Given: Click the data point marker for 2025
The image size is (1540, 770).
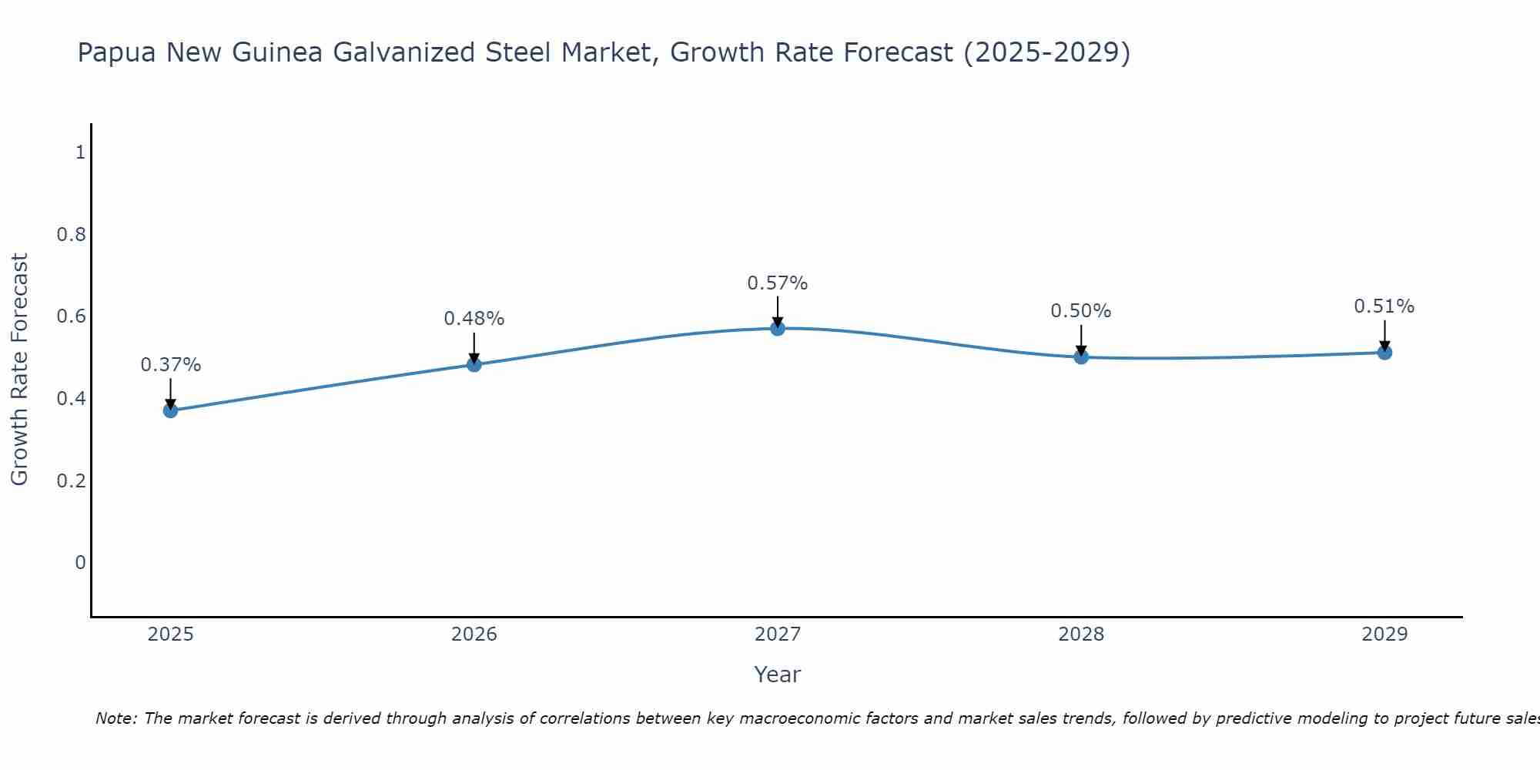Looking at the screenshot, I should [170, 410].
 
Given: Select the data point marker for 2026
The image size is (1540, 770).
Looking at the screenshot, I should [474, 364].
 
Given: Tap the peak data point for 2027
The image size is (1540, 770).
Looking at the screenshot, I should [778, 328].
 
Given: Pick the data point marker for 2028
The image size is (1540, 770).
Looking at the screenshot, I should [1081, 357].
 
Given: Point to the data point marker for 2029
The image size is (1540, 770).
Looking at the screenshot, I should [1384, 353].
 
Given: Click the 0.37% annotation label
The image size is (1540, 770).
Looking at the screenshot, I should [170, 365].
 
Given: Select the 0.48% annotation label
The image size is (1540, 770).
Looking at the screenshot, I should [474, 319].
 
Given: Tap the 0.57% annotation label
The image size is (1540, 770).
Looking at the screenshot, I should [778, 283].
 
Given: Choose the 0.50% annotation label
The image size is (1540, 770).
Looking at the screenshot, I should [1081, 311].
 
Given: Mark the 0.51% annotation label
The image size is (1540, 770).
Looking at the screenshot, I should [1384, 306].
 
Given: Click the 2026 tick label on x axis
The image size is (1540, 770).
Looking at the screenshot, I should [474, 634].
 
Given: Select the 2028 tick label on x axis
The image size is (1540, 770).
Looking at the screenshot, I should [1081, 634].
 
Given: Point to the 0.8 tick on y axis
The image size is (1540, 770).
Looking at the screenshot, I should [71, 234].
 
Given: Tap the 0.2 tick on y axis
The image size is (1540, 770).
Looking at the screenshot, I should [71, 480].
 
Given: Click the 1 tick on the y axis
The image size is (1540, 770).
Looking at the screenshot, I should [80, 152].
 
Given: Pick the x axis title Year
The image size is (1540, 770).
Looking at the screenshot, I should [778, 675].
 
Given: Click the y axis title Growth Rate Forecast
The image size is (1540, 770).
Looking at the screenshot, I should [19, 370].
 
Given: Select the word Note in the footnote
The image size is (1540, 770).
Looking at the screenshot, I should [115, 718].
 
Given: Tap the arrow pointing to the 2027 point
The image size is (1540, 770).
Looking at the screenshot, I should [778, 312].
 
